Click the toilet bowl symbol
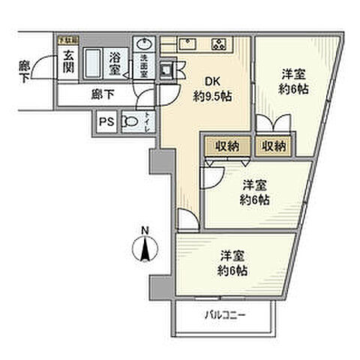(130, 120)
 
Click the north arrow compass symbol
(146, 248)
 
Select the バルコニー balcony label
(226, 315)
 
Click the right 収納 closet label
(273, 145)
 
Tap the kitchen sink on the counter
(190, 42)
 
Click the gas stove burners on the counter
(221, 42)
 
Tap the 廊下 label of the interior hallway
(103, 94)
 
